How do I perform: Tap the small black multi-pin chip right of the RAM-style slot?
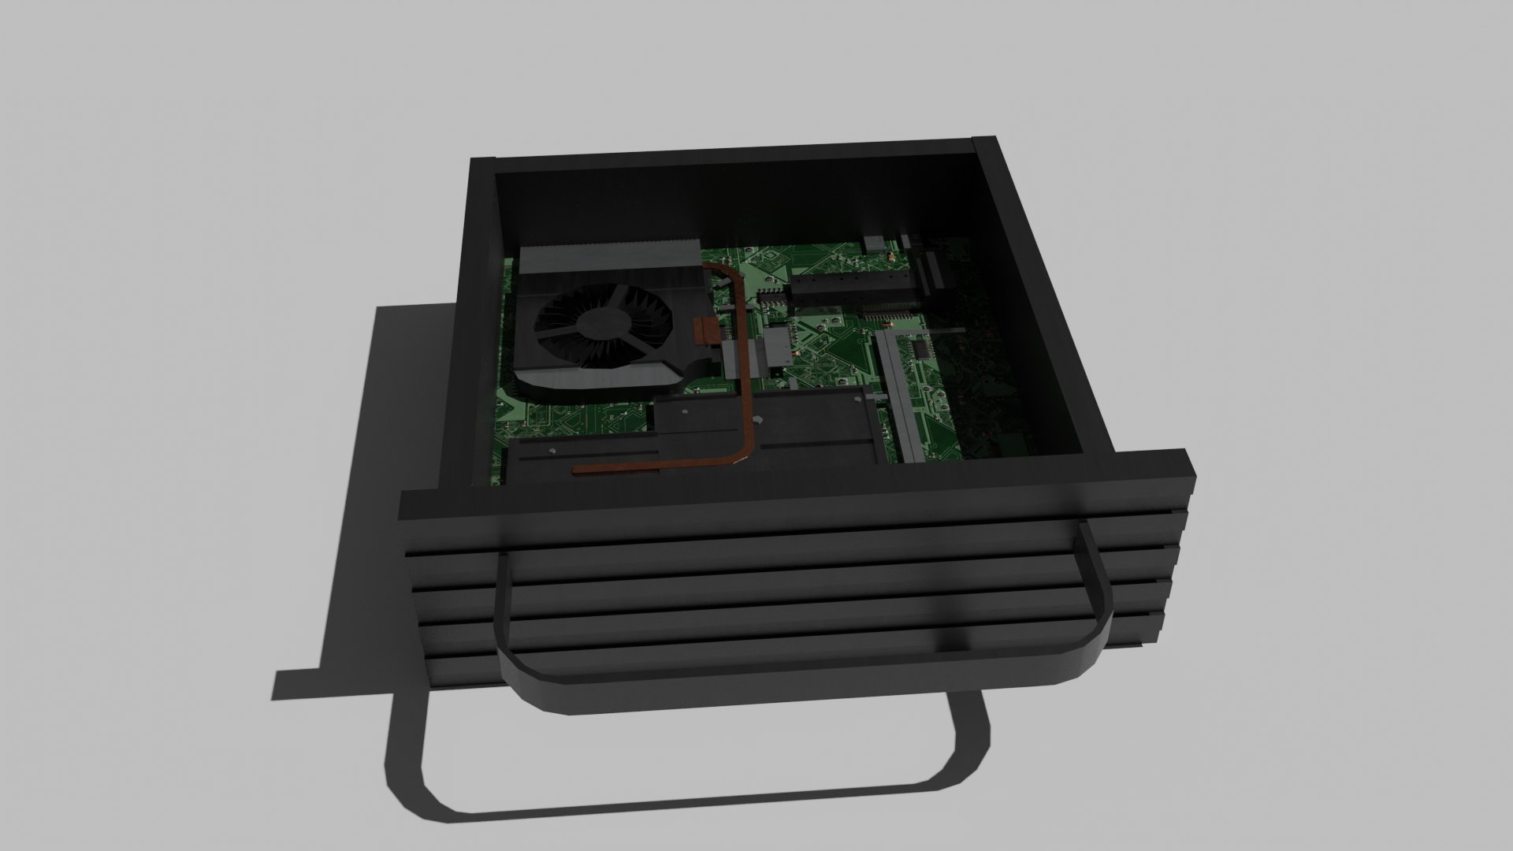(920, 348)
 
